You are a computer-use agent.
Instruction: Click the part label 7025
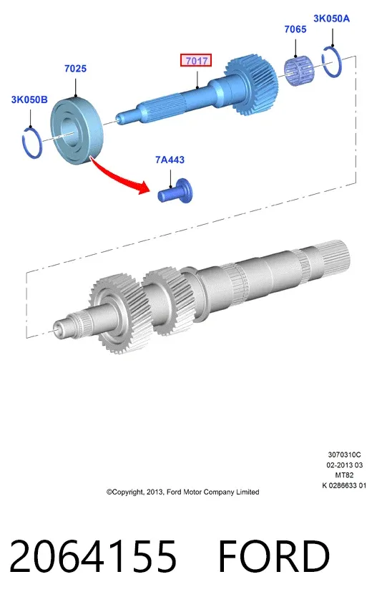[x=76, y=69]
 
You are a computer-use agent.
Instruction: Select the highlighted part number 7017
[x=196, y=60]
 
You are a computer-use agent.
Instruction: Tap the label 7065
[x=295, y=29]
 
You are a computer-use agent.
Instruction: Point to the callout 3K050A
[x=331, y=18]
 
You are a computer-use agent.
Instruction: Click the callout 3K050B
[x=29, y=99]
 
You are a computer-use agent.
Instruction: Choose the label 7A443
[x=170, y=160]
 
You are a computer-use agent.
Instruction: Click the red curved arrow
[x=120, y=176]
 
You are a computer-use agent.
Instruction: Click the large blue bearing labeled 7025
[x=77, y=131]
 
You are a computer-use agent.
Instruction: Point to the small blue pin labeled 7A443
[x=175, y=191]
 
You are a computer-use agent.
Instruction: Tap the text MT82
[x=344, y=475]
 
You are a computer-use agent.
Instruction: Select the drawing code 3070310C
[x=344, y=455]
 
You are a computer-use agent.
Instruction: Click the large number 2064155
[x=93, y=556]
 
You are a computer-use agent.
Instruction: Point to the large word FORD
[x=274, y=556]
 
